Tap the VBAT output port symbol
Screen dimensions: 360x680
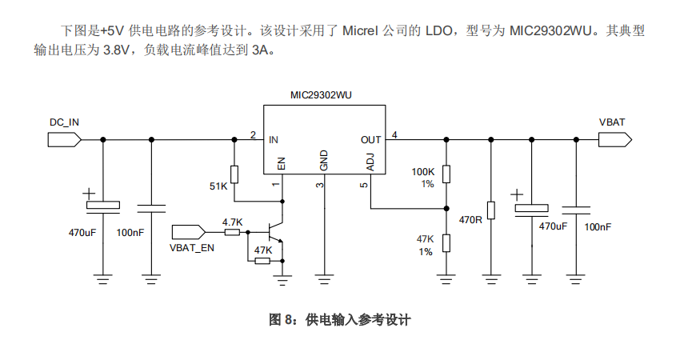point(614,139)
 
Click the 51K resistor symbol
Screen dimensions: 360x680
point(234,174)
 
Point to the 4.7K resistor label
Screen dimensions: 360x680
point(232,222)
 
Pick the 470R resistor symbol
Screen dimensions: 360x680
point(490,210)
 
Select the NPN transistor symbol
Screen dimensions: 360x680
point(276,233)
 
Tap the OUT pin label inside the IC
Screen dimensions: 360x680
point(370,139)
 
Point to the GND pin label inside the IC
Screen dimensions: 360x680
point(324,160)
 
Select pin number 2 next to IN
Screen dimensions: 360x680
point(253,134)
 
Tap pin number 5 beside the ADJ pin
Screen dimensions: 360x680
point(363,186)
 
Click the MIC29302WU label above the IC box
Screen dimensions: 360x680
point(321,94)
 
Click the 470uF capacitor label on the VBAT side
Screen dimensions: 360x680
point(552,226)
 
